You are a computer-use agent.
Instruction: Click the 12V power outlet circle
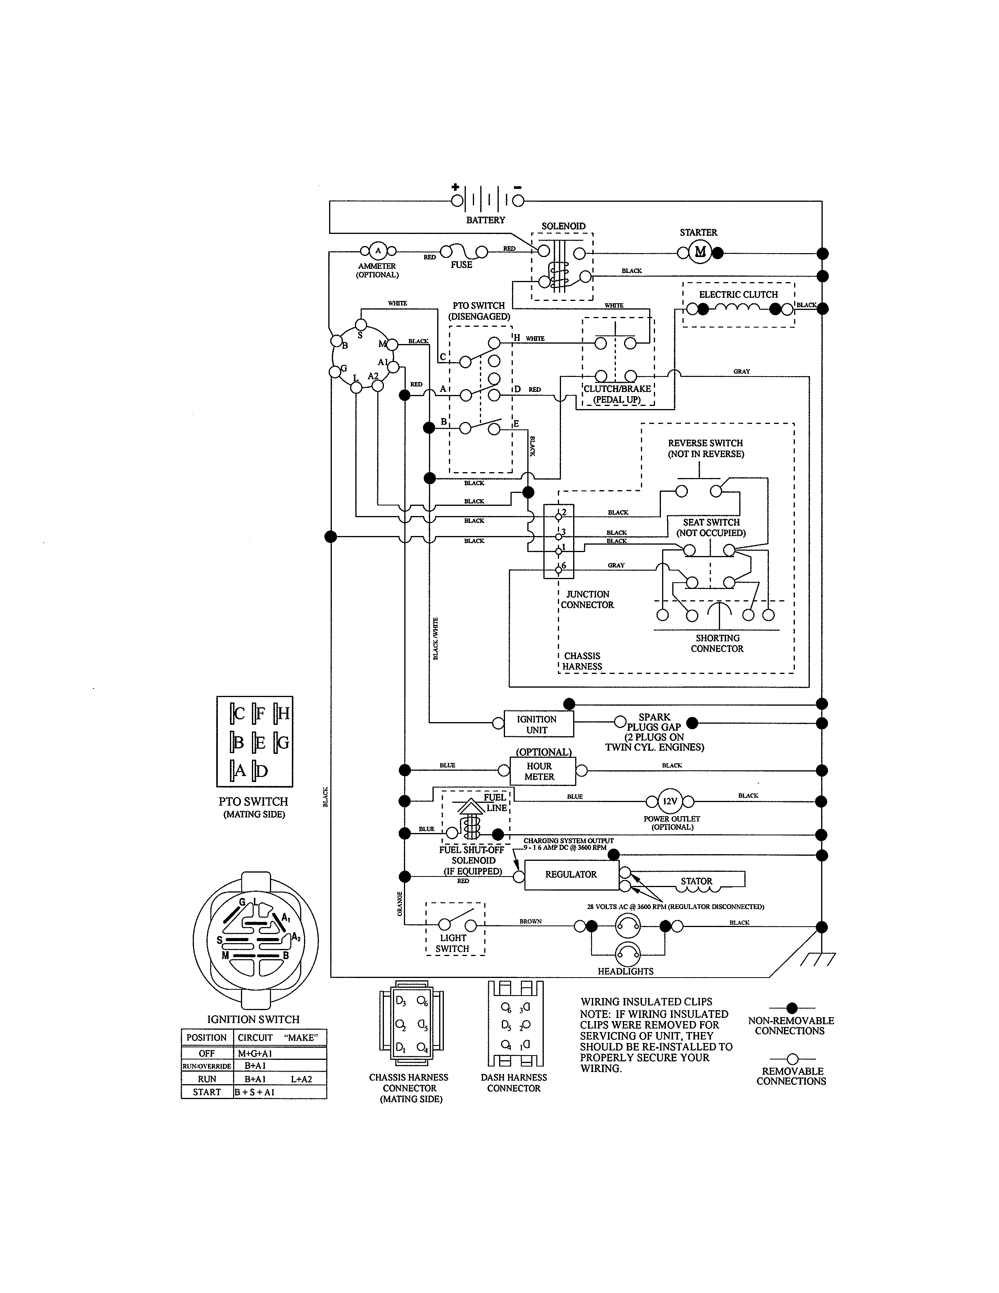[670, 802]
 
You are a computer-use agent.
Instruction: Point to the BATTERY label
[485, 220]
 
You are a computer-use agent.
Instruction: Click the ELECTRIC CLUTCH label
[738, 295]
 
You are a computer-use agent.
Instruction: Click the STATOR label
[697, 881]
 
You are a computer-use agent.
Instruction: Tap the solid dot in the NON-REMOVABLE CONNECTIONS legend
[792, 1008]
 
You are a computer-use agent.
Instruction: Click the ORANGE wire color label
[400, 904]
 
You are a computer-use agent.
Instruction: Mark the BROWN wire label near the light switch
[530, 921]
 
